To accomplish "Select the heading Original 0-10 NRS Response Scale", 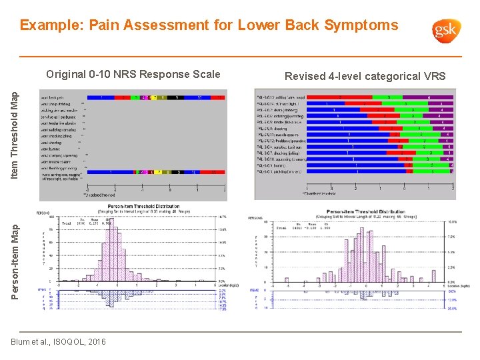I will tap(133, 74).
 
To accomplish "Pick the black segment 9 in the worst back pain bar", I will tap(177, 97).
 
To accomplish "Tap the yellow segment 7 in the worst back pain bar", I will tap(154, 97).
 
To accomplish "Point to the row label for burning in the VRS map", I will tap(274, 165).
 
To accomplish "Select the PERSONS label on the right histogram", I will tap(255, 217).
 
